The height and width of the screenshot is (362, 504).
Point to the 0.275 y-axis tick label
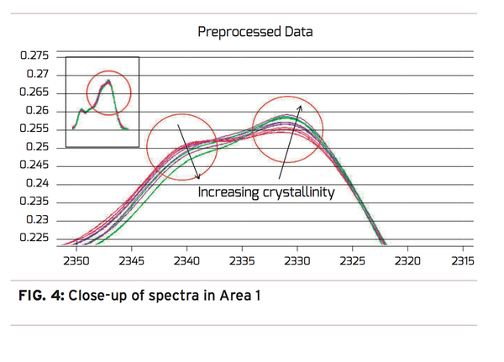coord(36,56)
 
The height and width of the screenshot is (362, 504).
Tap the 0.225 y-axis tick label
coord(36,237)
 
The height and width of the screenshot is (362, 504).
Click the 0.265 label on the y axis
coord(36,92)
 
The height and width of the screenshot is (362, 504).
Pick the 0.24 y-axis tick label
coord(39,184)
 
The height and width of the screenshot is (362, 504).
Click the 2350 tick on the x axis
coord(76,260)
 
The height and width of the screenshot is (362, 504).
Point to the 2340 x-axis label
coord(186,260)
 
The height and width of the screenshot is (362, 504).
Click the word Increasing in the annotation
coord(228,192)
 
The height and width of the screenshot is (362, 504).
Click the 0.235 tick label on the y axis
coord(36,202)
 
